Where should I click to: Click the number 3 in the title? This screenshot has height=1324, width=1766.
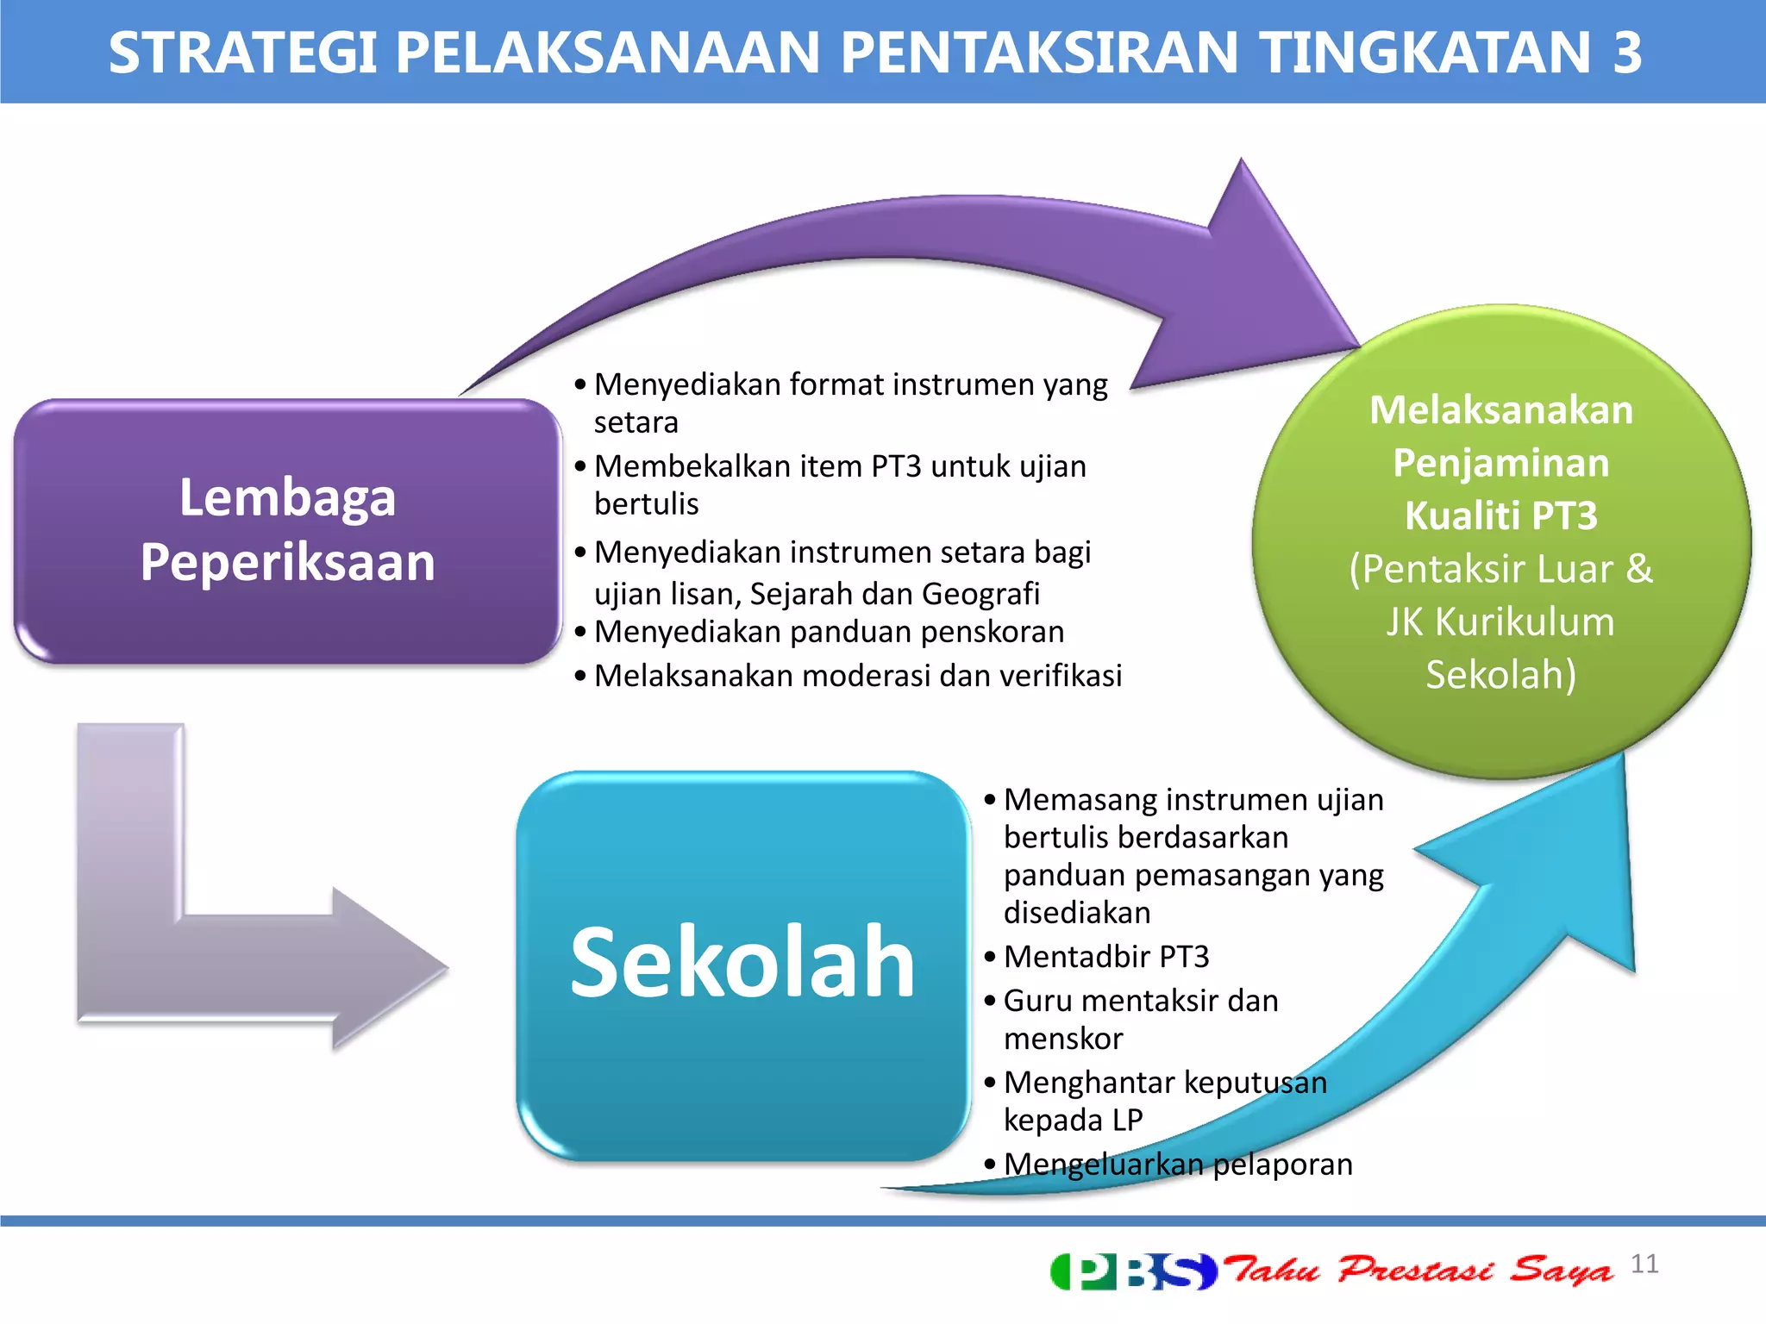pos(1627,53)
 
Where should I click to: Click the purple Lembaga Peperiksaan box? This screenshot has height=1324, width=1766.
pos(287,530)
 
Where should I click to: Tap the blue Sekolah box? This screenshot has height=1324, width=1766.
pos(742,964)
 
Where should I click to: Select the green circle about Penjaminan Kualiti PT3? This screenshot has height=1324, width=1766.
pos(1501,541)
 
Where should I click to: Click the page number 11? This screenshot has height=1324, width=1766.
pos(1644,1264)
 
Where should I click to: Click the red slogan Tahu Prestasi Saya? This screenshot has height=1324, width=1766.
pos(1418,1270)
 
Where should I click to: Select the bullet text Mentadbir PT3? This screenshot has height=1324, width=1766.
pos(1106,957)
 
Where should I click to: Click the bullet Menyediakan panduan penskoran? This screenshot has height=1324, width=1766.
pos(829,632)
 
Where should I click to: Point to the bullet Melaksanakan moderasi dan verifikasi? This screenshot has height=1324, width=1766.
pos(857,675)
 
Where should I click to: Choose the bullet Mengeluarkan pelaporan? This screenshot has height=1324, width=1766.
pos(1177,1164)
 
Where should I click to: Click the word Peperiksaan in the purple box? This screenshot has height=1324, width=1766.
pos(287,562)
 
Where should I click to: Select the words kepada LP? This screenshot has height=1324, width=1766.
pos(1073,1120)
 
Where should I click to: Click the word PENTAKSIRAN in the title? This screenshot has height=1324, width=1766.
pos(1039,53)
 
